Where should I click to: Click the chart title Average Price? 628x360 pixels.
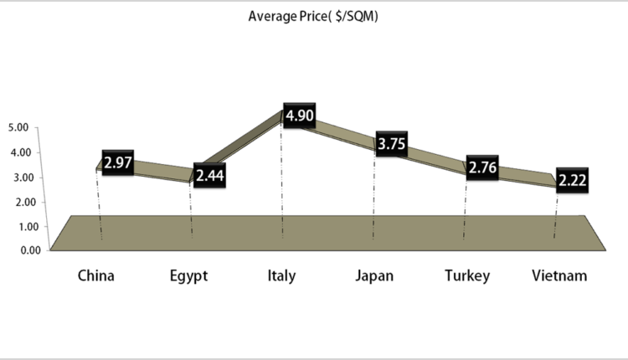point(314,16)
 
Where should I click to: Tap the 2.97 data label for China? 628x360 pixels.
point(118,162)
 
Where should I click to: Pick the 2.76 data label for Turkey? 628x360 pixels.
point(482,168)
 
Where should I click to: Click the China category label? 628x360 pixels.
point(95,275)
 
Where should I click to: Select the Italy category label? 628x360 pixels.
point(281,275)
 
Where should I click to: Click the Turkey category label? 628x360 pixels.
point(467,275)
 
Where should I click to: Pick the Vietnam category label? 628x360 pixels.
point(559,275)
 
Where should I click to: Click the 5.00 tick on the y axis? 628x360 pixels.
point(18,127)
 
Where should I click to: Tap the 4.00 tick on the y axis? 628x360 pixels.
point(18,152)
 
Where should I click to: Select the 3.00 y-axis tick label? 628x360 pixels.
point(18,177)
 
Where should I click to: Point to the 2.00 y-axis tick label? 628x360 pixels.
point(18,202)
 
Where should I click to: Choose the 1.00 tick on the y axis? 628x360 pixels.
point(18,226)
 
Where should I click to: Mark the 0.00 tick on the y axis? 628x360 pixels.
point(18,249)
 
